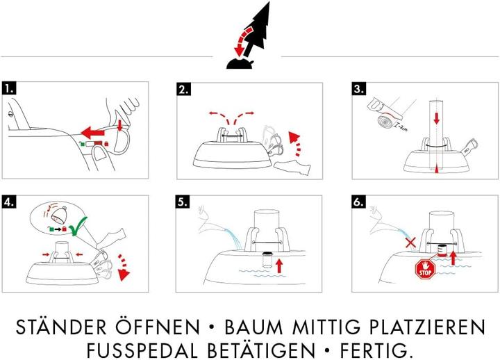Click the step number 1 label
[9, 89]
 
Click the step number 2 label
[184, 90]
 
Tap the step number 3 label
[359, 90]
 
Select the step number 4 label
[9, 202]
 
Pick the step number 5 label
[184, 202]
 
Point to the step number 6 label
[359, 202]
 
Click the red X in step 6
[410, 244]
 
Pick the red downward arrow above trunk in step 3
[436, 117]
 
